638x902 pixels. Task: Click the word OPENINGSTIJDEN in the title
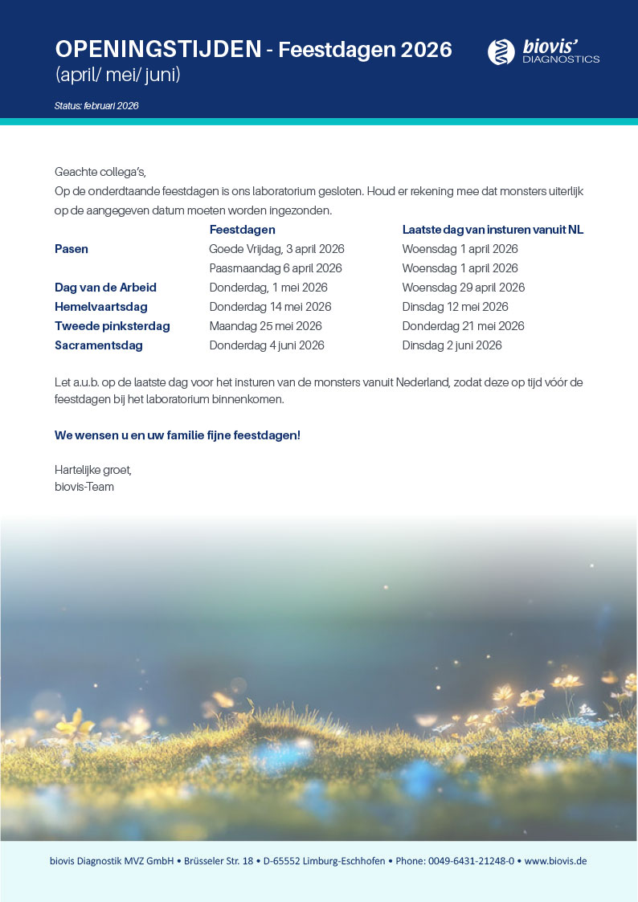[157, 50]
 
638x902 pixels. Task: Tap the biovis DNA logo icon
[501, 51]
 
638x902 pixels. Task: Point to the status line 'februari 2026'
[96, 106]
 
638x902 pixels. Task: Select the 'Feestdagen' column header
[242, 230]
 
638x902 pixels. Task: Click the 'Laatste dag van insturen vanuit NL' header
[493, 230]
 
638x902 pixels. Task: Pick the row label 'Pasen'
[72, 249]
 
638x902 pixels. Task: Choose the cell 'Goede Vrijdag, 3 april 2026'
[276, 249]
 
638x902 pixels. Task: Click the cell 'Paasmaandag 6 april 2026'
[276, 268]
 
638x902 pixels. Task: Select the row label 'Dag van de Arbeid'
[105, 288]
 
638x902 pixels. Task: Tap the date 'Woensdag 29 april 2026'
[464, 288]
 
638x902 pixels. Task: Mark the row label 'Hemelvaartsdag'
[101, 307]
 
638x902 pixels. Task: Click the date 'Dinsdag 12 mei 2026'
[455, 307]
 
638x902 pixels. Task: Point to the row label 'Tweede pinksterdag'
[112, 326]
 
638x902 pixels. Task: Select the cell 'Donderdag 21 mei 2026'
[463, 326]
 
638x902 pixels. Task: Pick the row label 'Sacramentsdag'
[99, 345]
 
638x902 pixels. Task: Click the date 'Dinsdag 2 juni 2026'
[452, 345]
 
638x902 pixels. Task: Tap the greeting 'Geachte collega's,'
[100, 172]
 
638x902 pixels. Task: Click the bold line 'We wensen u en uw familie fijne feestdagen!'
[178, 435]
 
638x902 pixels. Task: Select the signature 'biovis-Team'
[84, 487]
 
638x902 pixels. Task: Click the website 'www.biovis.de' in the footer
[555, 860]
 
